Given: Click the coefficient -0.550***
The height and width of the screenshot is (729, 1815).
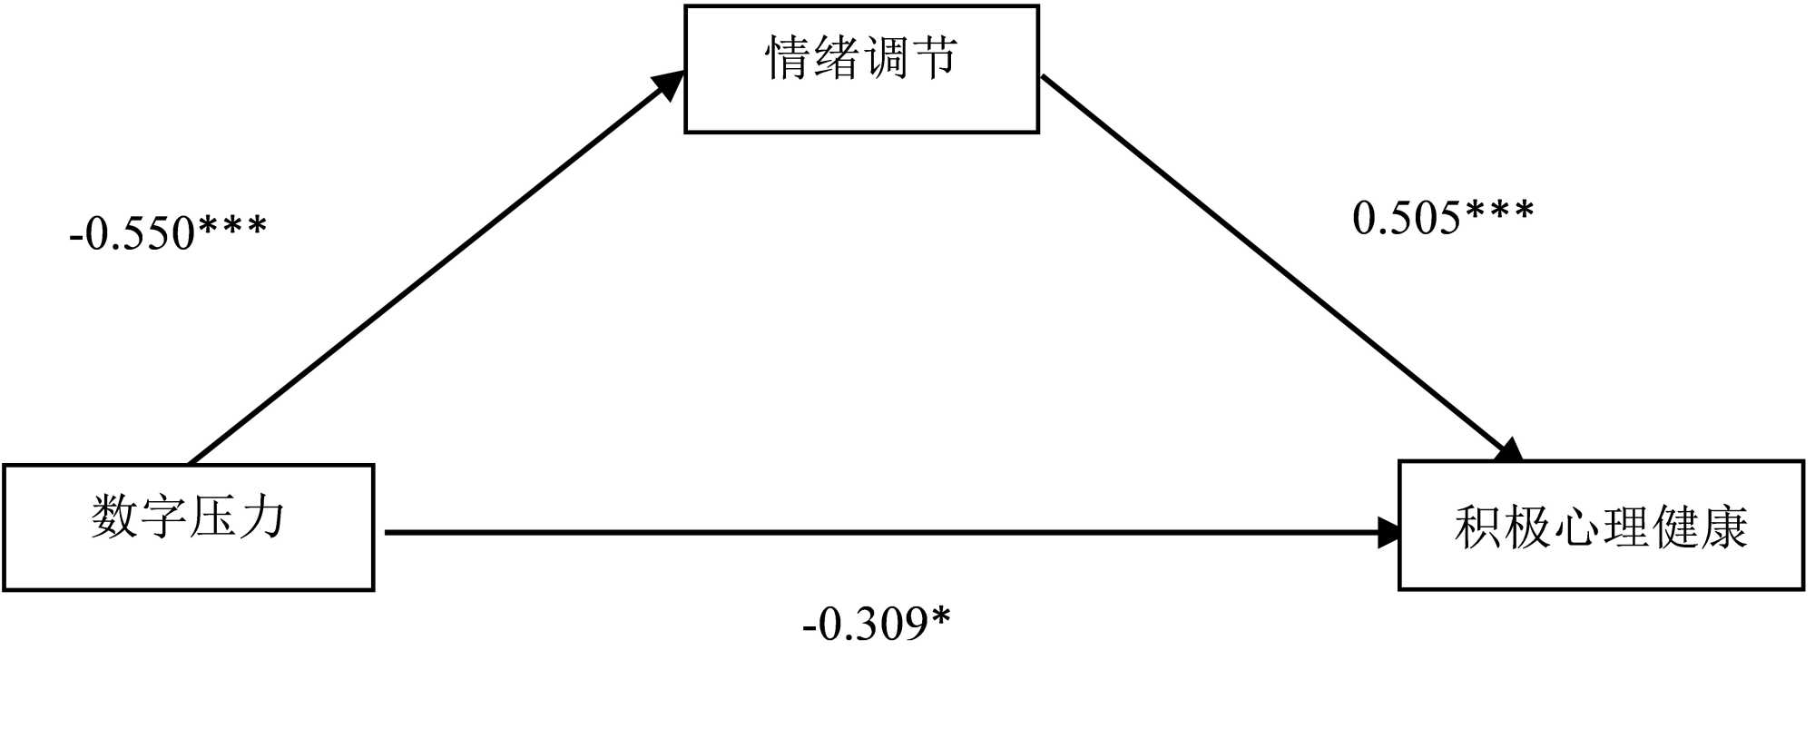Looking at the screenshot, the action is (x=168, y=232).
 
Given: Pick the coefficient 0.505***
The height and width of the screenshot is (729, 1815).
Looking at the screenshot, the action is (x=1443, y=217).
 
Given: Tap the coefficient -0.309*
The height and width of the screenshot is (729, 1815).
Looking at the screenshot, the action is (x=877, y=624).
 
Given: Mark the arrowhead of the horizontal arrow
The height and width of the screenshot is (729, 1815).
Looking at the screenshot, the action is (x=1389, y=533).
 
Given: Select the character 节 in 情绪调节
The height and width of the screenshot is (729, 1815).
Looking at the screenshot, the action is (x=935, y=58).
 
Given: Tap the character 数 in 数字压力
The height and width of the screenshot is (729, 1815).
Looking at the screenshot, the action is (x=113, y=517).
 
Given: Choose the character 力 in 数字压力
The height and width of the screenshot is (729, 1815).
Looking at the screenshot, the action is (x=261, y=517).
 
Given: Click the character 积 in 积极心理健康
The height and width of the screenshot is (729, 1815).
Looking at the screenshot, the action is (x=1478, y=527).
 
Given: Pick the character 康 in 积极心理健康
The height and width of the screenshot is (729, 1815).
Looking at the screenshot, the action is (x=1723, y=527).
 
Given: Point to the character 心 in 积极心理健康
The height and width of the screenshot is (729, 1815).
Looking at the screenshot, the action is (x=1576, y=527).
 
